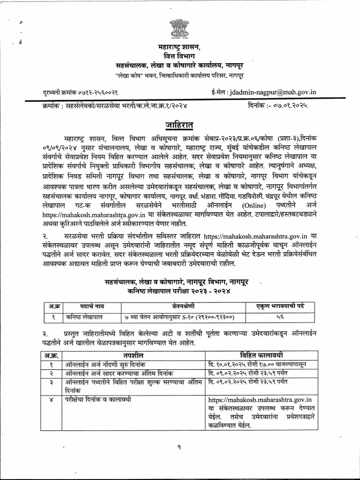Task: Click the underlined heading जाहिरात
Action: (179, 126)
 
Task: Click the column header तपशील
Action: (133, 354)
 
